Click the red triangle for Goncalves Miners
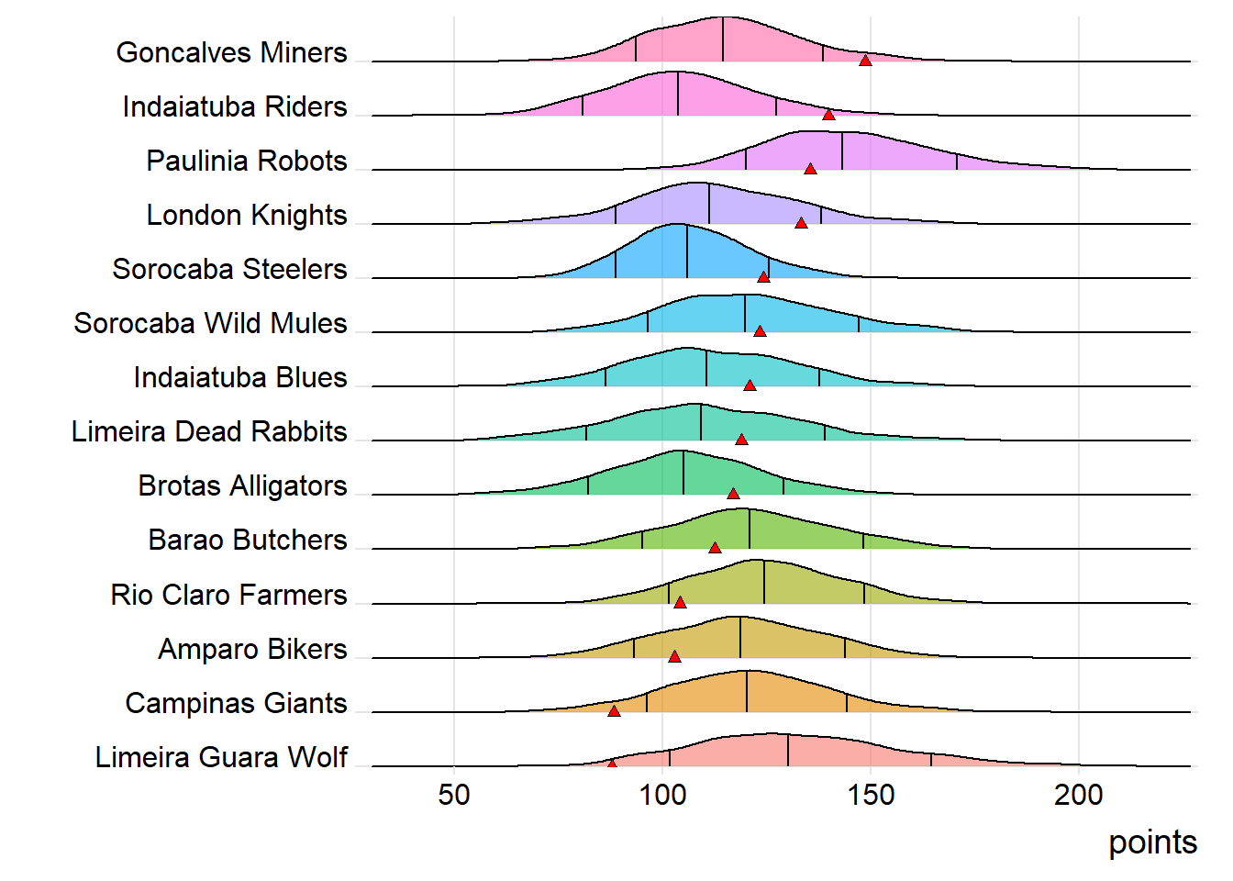coord(865,61)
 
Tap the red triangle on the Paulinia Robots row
coord(810,169)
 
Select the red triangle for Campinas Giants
coord(614,710)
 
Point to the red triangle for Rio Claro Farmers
coord(680,602)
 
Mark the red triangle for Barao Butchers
coord(715,548)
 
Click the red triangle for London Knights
coord(801,223)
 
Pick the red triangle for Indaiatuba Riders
coord(828,115)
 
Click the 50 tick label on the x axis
coord(454,795)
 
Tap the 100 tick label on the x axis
coord(662,795)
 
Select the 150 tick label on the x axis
coord(871,795)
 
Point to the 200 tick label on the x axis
coord(1079,795)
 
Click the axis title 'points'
coord(1152,842)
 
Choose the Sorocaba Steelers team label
coord(229,269)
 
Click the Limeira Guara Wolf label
coord(221,757)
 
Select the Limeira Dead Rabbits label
coord(209,431)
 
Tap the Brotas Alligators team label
coord(242,485)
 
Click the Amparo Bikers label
coord(252,649)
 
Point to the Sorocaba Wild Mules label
coord(210,323)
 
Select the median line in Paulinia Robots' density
coord(842,151)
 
